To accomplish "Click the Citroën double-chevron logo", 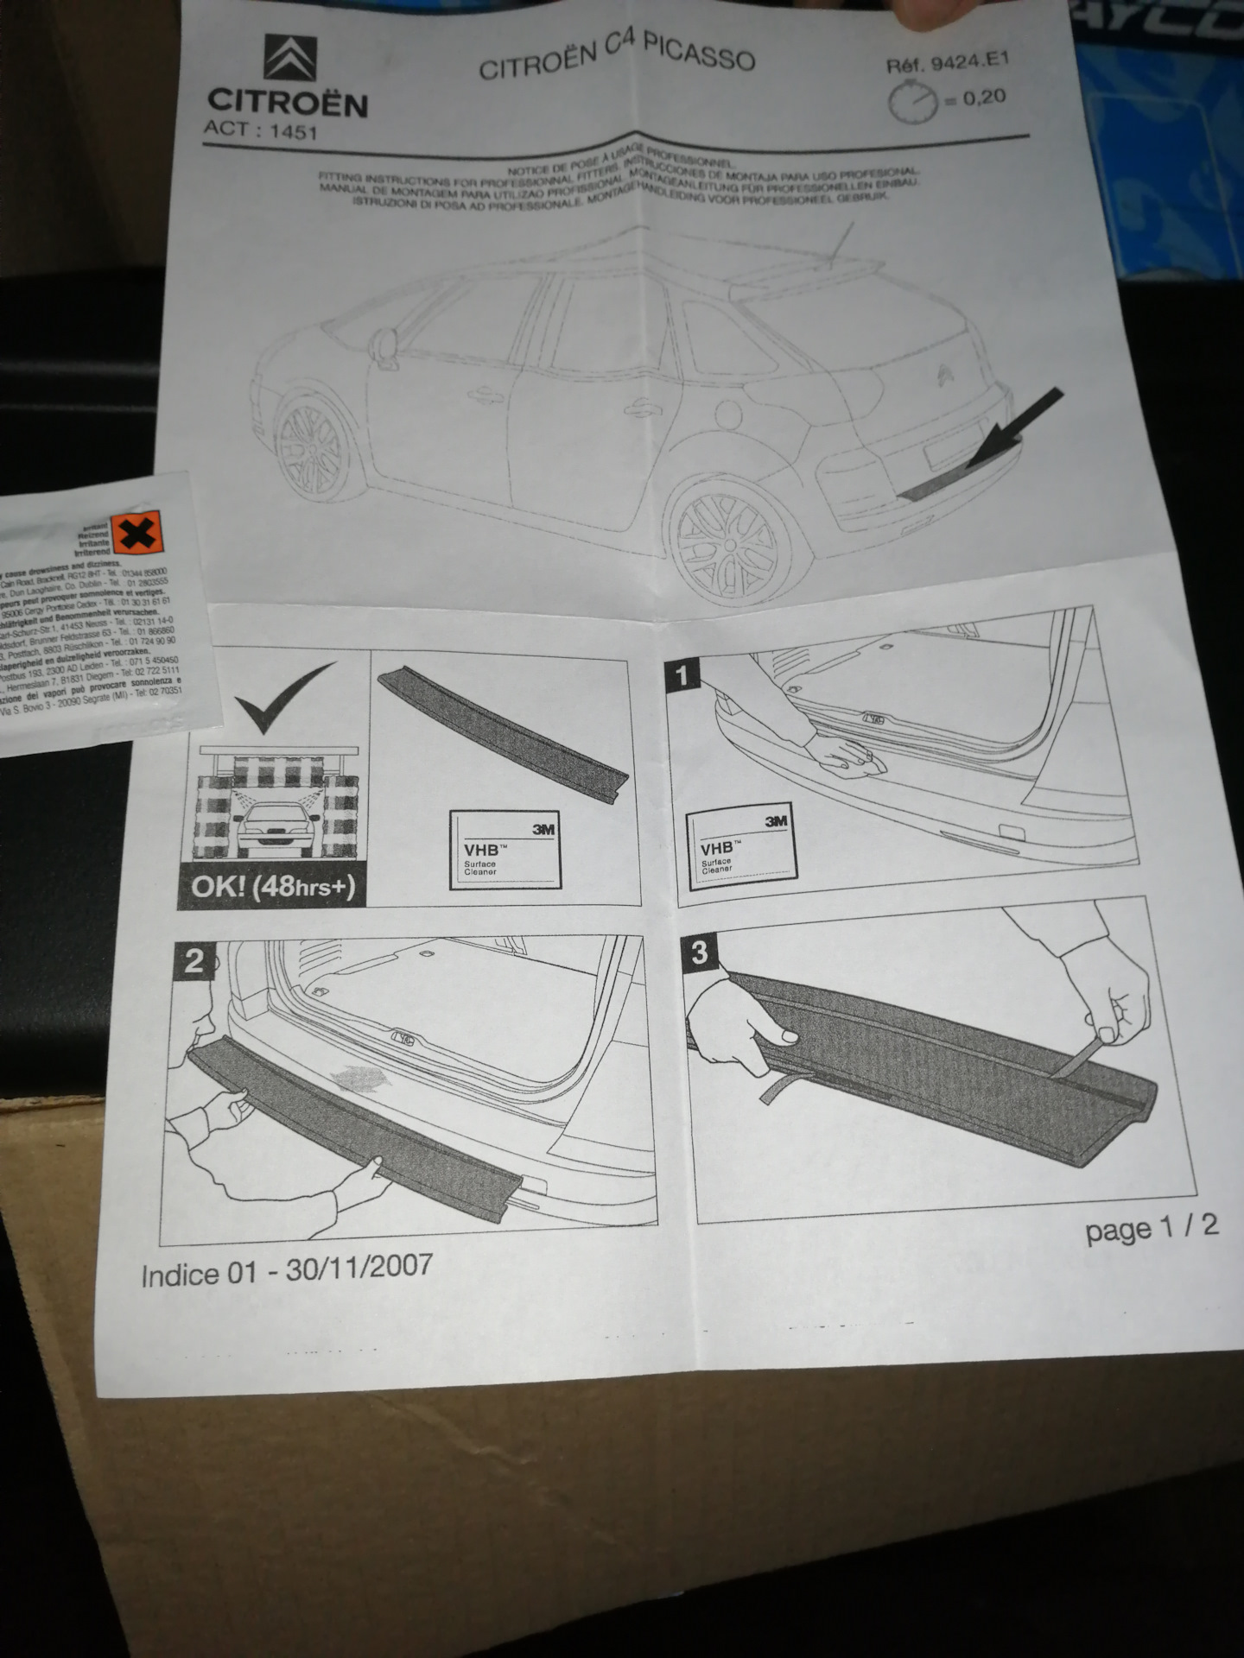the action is click(x=290, y=58).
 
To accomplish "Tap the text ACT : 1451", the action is click(x=260, y=130).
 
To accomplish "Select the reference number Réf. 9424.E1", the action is click(x=947, y=63).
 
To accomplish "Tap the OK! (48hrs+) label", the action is click(x=272, y=887).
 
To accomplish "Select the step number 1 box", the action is click(x=682, y=674).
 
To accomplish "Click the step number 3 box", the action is click(x=699, y=952).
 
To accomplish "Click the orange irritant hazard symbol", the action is click(x=137, y=533).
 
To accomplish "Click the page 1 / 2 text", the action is click(x=1151, y=1227).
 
